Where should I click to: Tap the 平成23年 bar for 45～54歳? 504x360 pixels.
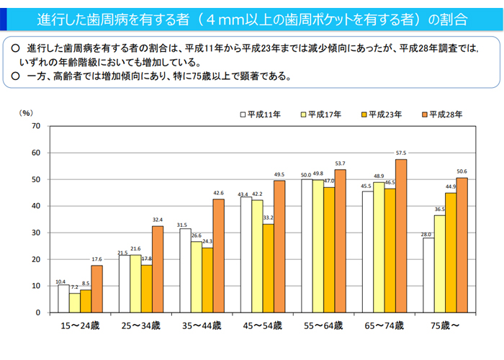tap(269, 268)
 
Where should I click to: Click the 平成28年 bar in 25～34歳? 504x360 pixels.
tap(158, 269)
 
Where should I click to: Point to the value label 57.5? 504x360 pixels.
tap(401, 153)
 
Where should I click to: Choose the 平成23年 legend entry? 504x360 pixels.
tap(379, 114)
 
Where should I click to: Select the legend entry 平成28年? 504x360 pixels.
tap(440, 114)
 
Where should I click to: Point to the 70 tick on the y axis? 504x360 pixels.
tap(35, 126)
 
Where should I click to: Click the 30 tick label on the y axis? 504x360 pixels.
tap(35, 233)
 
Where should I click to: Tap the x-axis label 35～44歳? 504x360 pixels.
tap(202, 326)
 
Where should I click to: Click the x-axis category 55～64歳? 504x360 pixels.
tap(323, 326)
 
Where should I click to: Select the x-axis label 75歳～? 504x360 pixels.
tap(445, 326)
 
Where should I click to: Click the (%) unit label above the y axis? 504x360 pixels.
tap(27, 113)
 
